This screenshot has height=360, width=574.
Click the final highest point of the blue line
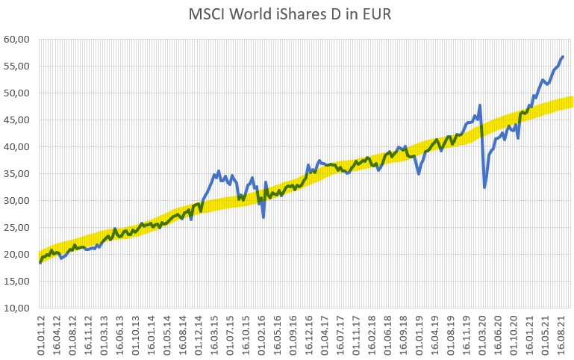pyautogui.click(x=563, y=56)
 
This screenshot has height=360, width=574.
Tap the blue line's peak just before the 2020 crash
pyautogui.click(x=480, y=105)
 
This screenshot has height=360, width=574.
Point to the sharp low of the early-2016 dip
pyautogui.click(x=263, y=217)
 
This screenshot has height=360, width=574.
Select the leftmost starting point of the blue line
pyautogui.click(x=40, y=262)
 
